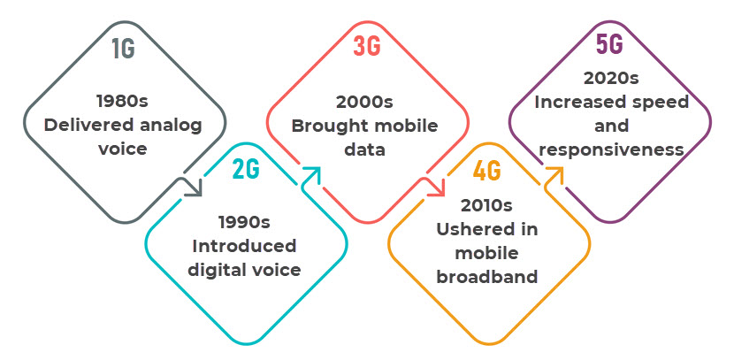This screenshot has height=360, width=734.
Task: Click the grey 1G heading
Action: pyautogui.click(x=124, y=48)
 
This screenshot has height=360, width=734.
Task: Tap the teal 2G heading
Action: pyautogui.click(x=246, y=169)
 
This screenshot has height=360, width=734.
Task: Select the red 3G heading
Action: pyautogui.click(x=367, y=46)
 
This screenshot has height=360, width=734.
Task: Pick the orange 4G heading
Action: pyautogui.click(x=487, y=171)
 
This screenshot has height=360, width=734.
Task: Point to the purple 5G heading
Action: pyautogui.click(x=609, y=44)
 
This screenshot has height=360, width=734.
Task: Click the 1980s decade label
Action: pyautogui.click(x=122, y=101)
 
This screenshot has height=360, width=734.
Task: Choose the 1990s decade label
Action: pyautogui.click(x=244, y=222)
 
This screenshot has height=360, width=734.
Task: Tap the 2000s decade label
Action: pyautogui.click(x=364, y=102)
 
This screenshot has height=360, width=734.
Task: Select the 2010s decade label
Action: pyautogui.click(x=486, y=205)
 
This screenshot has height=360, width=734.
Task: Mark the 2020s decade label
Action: pyautogui.click(x=611, y=78)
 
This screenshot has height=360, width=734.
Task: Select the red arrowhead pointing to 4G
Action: pyautogui.click(x=435, y=187)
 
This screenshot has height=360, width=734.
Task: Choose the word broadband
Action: pyautogui.click(x=487, y=277)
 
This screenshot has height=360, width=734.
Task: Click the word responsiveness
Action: pyautogui.click(x=612, y=149)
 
